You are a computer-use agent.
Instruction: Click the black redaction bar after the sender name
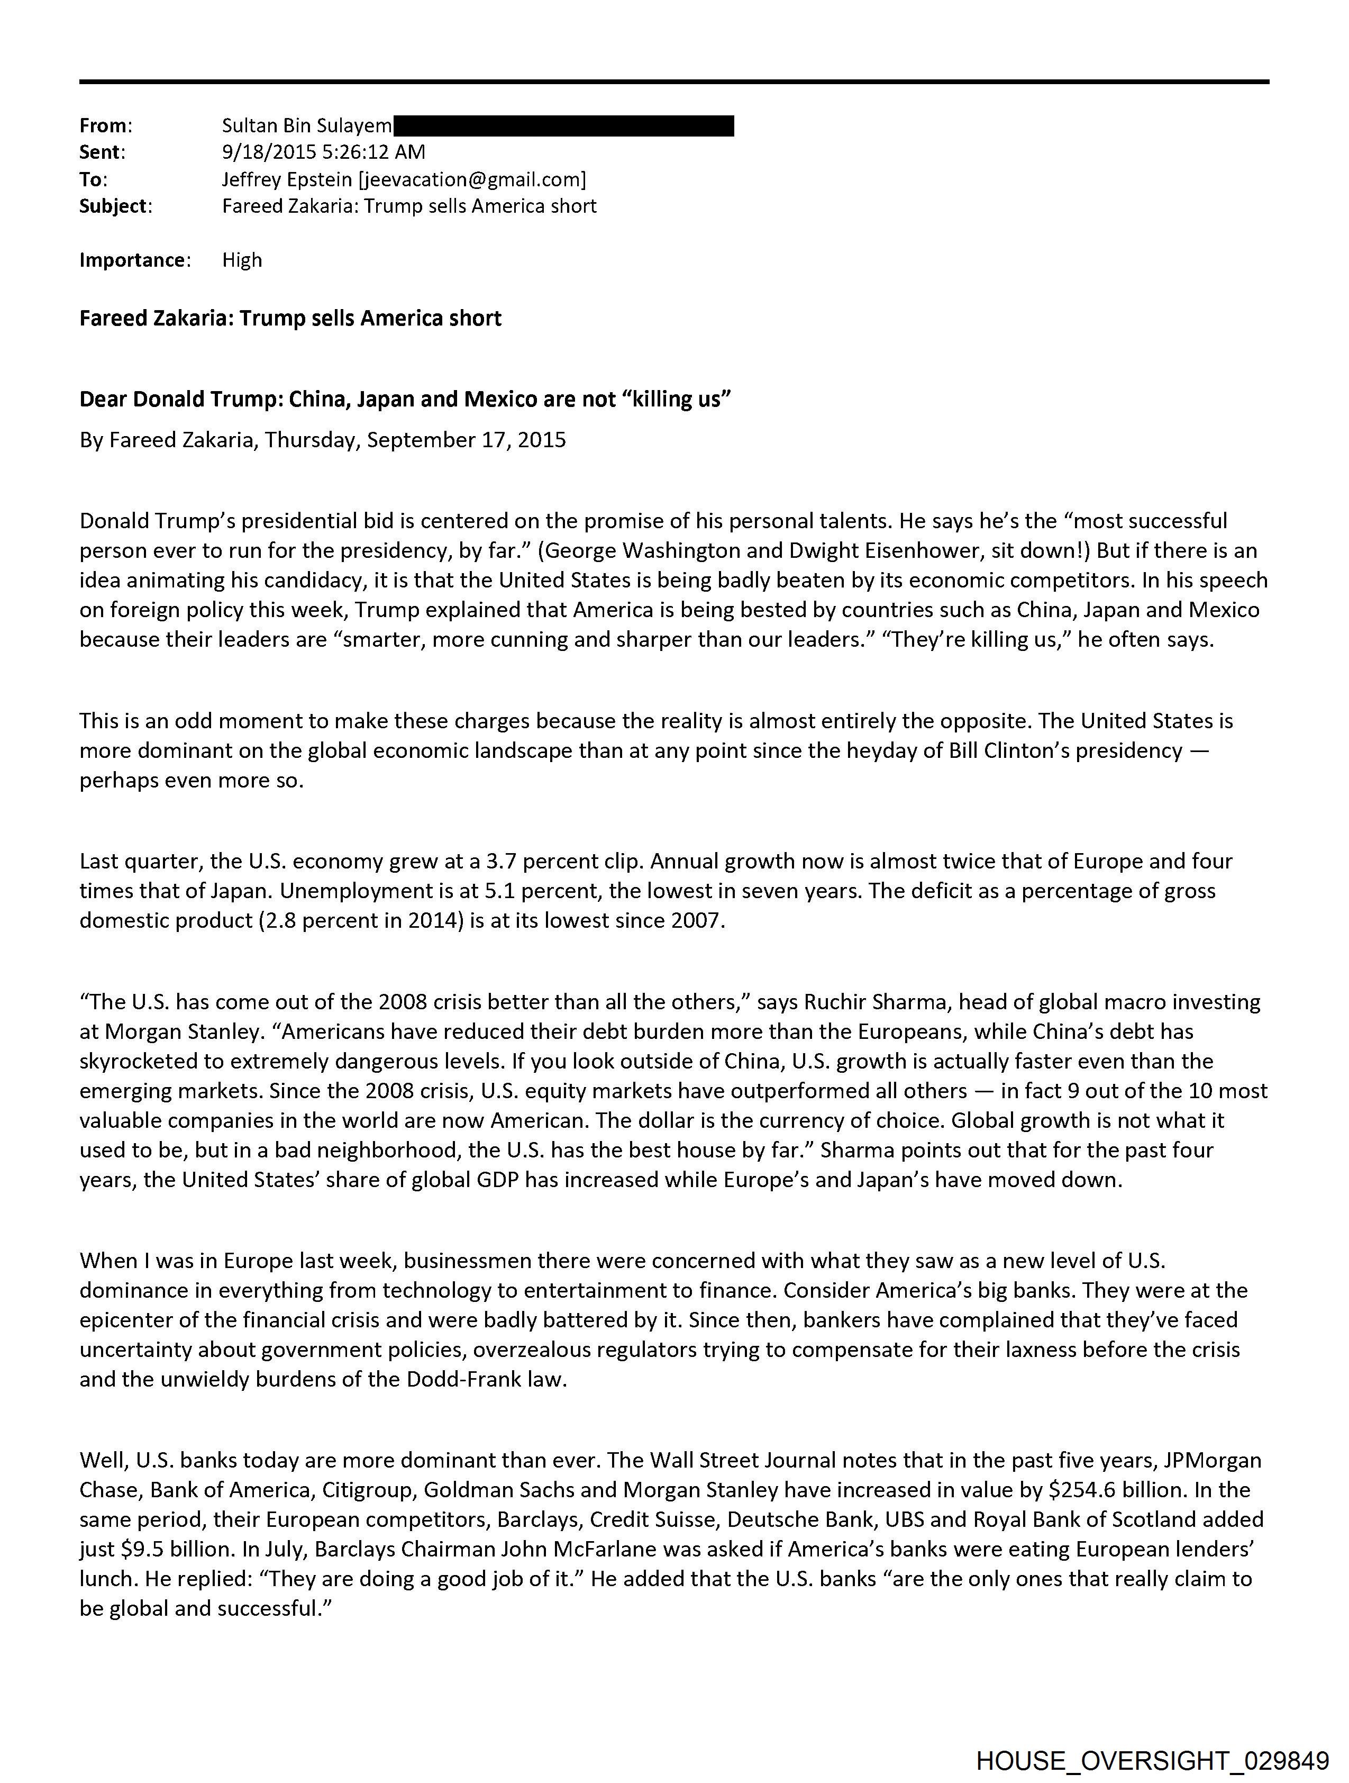564,126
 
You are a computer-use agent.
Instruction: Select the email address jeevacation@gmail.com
472,179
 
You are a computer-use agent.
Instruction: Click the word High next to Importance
242,259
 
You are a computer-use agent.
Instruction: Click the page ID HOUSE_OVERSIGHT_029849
1152,1762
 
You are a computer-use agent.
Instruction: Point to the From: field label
106,126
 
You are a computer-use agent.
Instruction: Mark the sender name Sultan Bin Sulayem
307,126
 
